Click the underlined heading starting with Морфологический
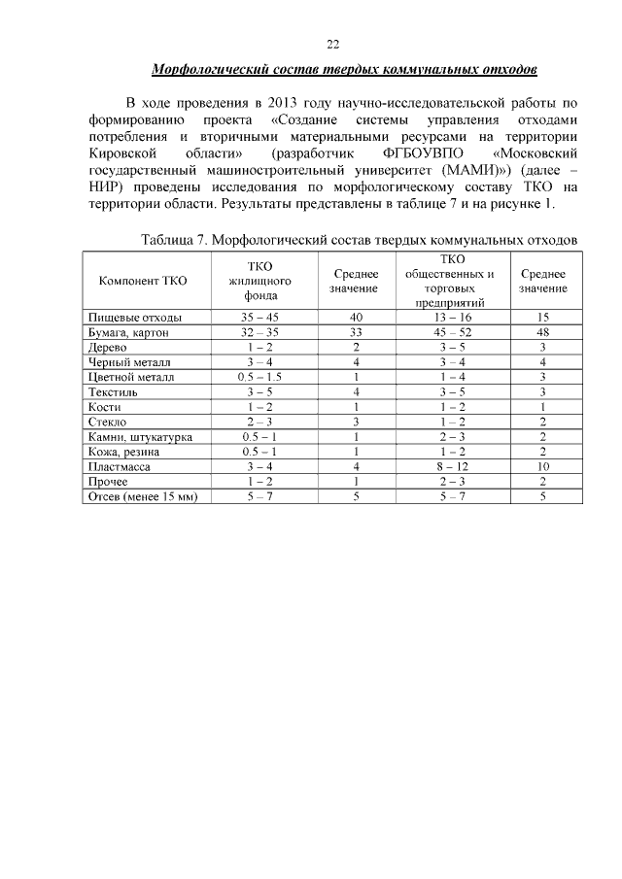345,71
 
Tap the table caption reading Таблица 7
360,239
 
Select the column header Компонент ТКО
143,281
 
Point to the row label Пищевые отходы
134,318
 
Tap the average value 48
543,332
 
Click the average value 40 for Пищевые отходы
357,318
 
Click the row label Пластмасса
118,467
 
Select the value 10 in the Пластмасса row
543,467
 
